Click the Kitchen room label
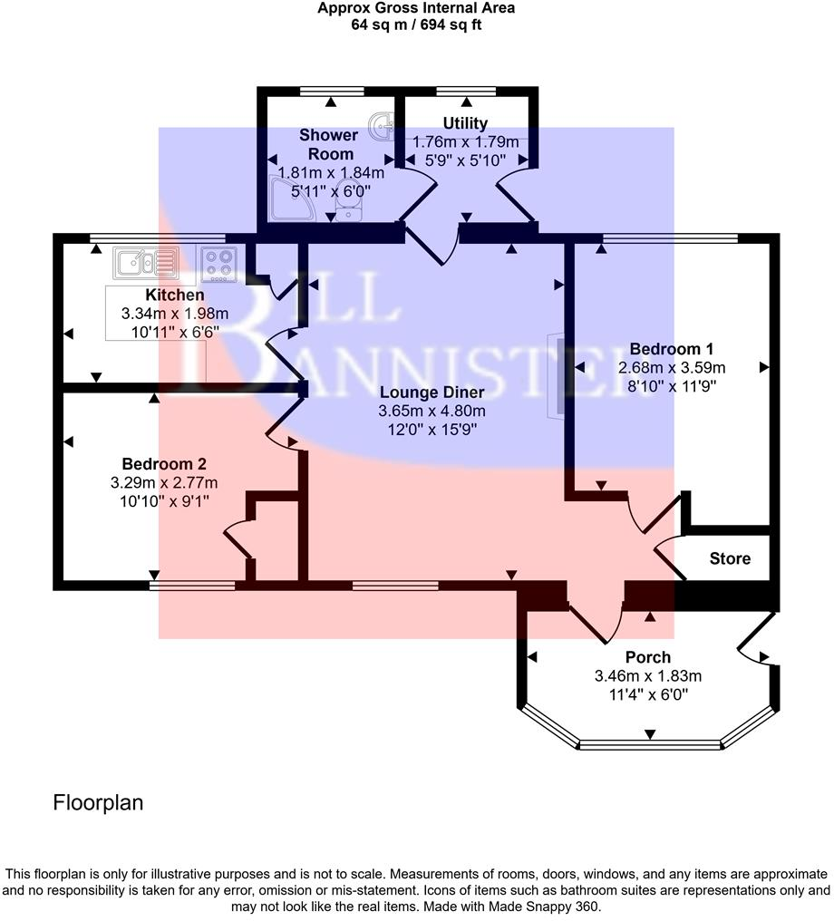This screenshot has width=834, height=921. [175, 295]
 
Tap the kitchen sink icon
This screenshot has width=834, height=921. [144, 264]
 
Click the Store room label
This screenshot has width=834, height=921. [730, 558]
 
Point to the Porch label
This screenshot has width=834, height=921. [648, 657]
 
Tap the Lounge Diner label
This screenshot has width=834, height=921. [432, 393]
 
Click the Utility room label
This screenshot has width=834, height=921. [465, 123]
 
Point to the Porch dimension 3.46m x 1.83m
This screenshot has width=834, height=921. [648, 675]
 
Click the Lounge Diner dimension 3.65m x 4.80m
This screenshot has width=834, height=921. [432, 411]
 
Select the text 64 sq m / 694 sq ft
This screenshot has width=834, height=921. [416, 25]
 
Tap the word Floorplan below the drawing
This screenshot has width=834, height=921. [98, 802]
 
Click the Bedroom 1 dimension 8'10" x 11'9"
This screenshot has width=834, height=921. [672, 386]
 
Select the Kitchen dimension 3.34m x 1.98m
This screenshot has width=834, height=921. [175, 313]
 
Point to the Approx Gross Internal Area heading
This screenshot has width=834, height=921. [416, 9]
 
